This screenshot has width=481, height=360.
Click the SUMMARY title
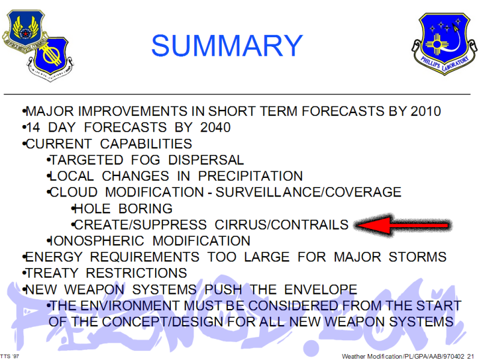[x=226, y=46]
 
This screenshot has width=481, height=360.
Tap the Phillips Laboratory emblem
[x=440, y=47]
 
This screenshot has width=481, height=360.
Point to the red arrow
[x=402, y=225]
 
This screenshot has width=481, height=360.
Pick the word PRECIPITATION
[x=251, y=176]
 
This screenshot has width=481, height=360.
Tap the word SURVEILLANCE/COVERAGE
[x=308, y=192]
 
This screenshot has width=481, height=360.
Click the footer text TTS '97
[x=10, y=355]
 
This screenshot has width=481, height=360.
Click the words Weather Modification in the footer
[x=368, y=356]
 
